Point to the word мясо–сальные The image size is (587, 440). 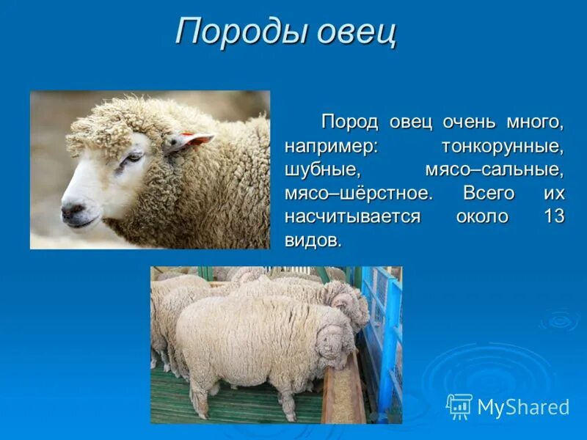(x=494, y=170)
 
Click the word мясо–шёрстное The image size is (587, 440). (x=358, y=194)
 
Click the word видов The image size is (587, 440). (x=313, y=241)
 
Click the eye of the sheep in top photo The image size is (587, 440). (x=133, y=156)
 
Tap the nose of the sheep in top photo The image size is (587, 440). (x=72, y=210)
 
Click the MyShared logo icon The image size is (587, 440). (x=459, y=406)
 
